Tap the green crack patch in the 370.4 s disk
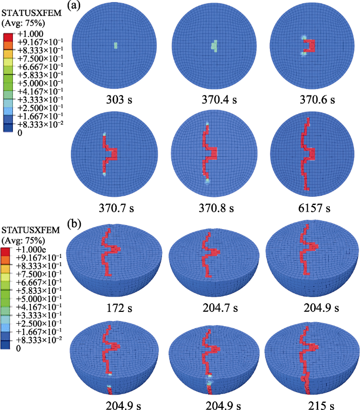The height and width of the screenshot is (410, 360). [x=214, y=46]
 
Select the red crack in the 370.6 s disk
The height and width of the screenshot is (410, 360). [x=310, y=45]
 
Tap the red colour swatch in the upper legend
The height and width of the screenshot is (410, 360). [x=7, y=35]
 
